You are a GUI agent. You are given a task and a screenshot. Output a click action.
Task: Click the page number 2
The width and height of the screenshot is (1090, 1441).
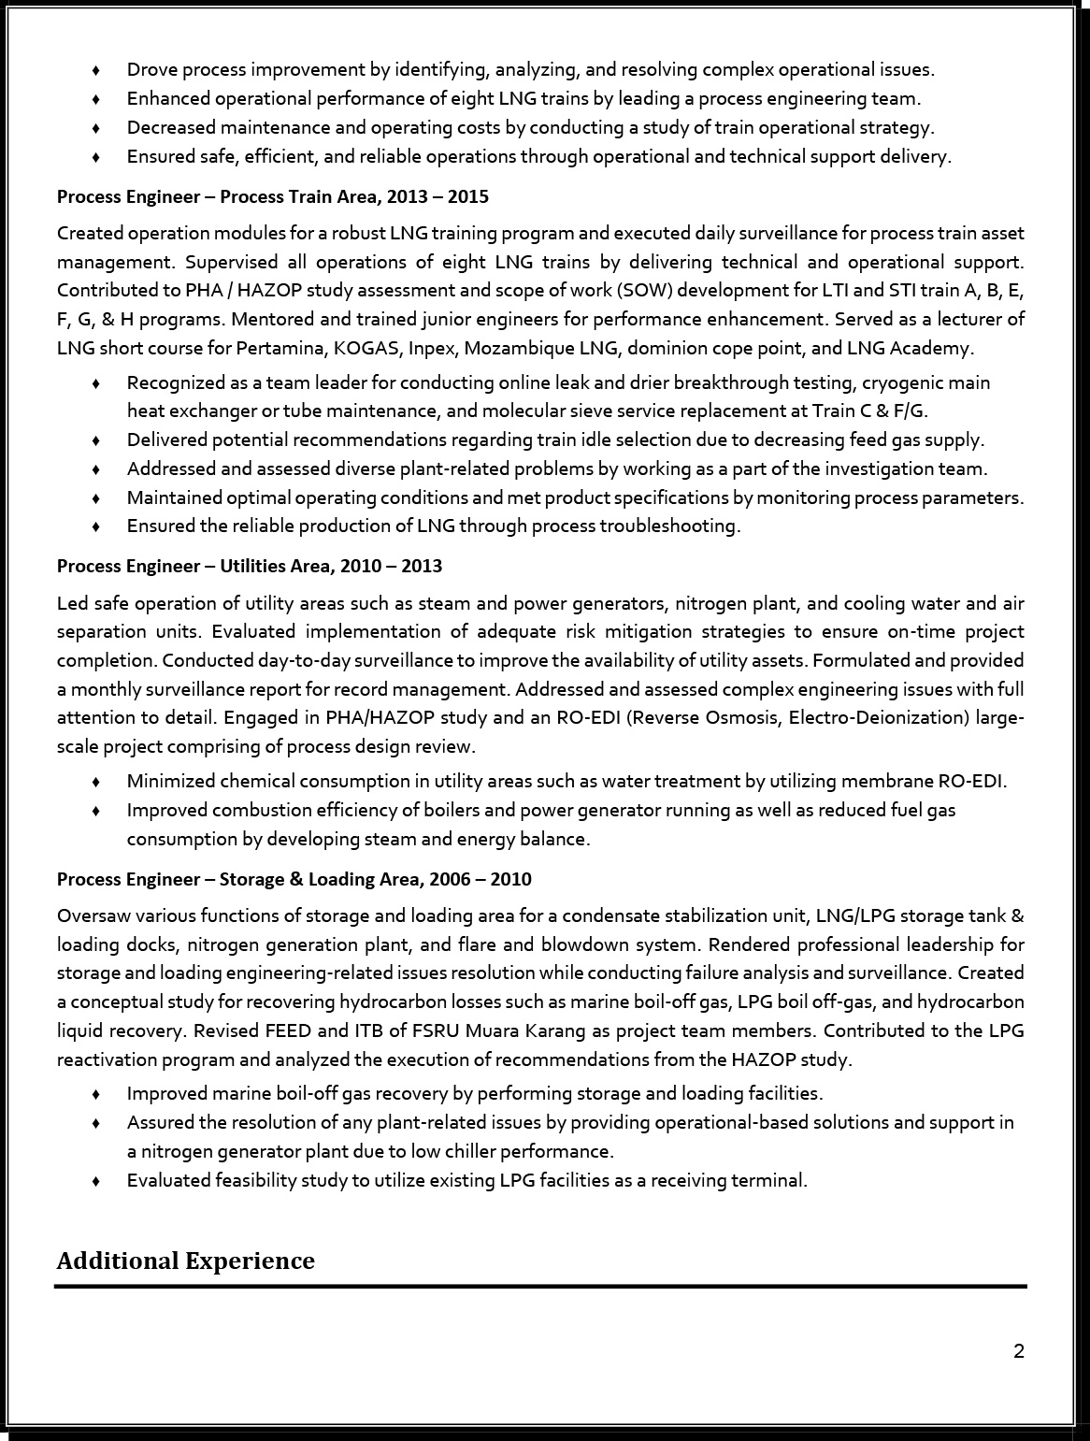1018,1351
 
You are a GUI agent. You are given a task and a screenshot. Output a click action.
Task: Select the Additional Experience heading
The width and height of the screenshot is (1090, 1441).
185,1261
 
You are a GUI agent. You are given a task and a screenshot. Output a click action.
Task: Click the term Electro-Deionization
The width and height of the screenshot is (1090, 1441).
884,718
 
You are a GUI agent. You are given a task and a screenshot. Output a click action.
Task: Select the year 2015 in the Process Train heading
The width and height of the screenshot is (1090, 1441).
467,196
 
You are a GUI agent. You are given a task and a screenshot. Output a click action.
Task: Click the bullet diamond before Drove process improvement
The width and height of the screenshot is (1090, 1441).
95,70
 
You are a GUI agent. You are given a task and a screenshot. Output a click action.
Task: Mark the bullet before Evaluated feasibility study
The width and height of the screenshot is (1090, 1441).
95,1181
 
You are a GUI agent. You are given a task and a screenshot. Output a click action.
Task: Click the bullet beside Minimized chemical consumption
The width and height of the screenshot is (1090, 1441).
95,782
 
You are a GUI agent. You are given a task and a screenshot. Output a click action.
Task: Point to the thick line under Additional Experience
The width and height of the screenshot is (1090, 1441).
540,1287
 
